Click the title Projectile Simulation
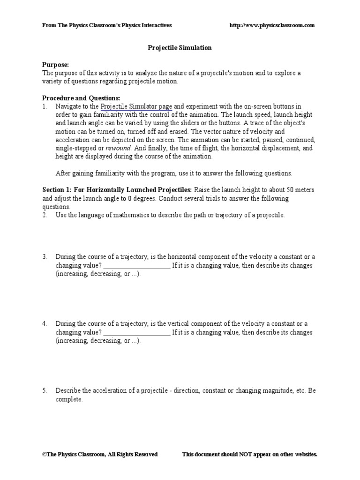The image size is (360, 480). pos(180,48)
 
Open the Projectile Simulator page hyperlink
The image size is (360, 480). pos(136,106)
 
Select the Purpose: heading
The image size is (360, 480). pos(55,64)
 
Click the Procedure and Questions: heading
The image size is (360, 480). pos(81,98)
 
